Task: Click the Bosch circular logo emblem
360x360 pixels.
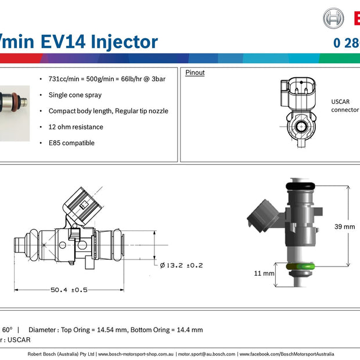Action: click(333, 19)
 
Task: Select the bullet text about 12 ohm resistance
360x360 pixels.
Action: click(75, 127)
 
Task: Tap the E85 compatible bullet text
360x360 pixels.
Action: click(71, 143)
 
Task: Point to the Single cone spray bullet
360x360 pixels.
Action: click(75, 95)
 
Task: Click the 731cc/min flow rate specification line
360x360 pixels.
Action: click(107, 78)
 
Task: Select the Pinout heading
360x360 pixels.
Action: click(195, 73)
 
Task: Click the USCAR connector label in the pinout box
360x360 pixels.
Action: click(344, 105)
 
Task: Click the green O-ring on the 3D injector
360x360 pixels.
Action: click(301, 267)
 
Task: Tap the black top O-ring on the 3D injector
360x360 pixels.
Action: click(301, 186)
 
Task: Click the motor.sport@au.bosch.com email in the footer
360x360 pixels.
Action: click(207, 354)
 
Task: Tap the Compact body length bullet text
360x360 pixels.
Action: click(108, 111)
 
